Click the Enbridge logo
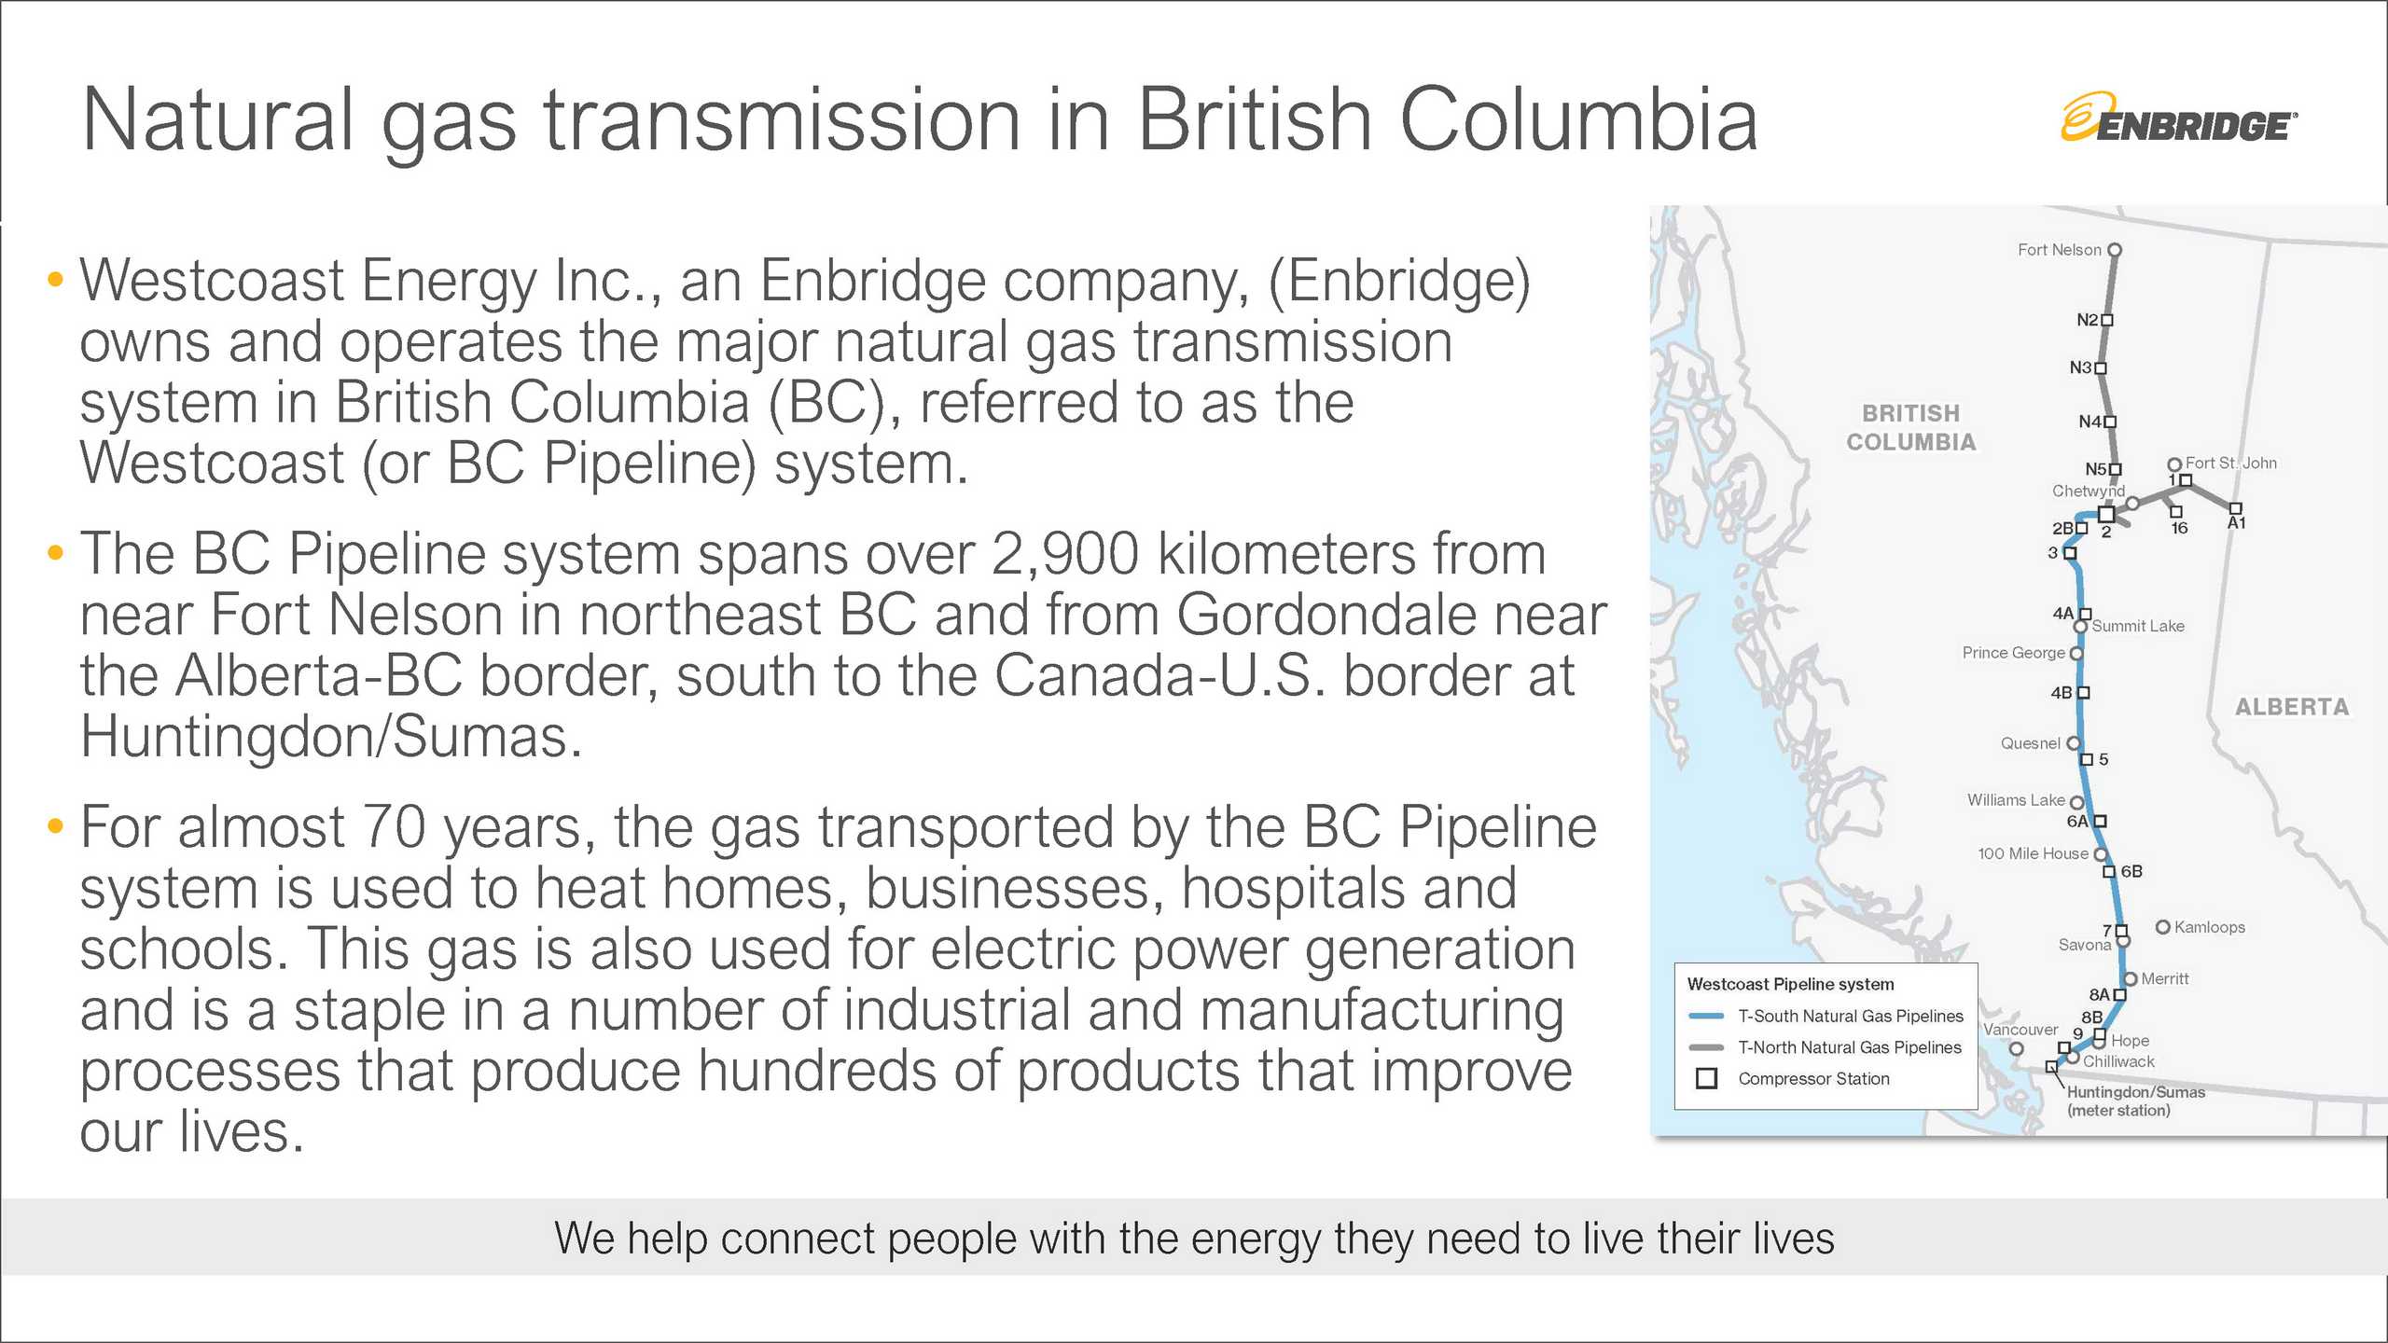pos(2178,118)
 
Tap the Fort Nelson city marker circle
pos(2115,250)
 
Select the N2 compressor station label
pos(2087,320)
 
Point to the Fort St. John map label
pos(2230,463)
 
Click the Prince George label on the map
pos(2013,653)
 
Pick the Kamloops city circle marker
pos(2162,926)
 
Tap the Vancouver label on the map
pos(2020,1030)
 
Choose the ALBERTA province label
pos(2292,707)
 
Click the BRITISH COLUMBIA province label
pos(1911,427)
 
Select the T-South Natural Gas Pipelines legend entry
pos(1850,1016)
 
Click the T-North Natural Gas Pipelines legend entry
pos(1849,1047)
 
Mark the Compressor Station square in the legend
pos(1707,1079)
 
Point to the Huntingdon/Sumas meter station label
pos(2135,1101)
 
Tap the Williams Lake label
pos(2016,800)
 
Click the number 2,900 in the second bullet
pos(1064,555)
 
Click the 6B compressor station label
pos(2131,871)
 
